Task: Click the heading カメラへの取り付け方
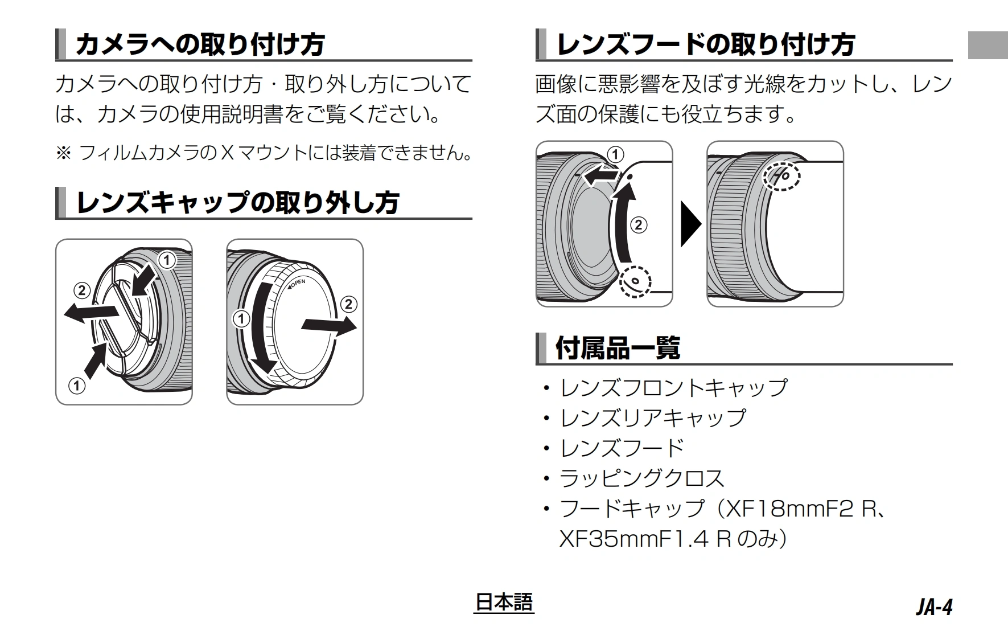200,44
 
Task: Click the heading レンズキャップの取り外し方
237,203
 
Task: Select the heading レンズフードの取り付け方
705,44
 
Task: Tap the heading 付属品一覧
617,348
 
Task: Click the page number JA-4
934,607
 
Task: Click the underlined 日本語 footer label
504,603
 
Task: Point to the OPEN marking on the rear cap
297,284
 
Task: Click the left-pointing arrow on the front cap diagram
91,313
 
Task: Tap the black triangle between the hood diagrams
690,224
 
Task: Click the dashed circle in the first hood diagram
635,281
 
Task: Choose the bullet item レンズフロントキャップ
674,388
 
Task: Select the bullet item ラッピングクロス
642,478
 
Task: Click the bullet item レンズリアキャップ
653,418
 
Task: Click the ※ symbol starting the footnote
63,153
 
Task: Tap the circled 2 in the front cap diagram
82,291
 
